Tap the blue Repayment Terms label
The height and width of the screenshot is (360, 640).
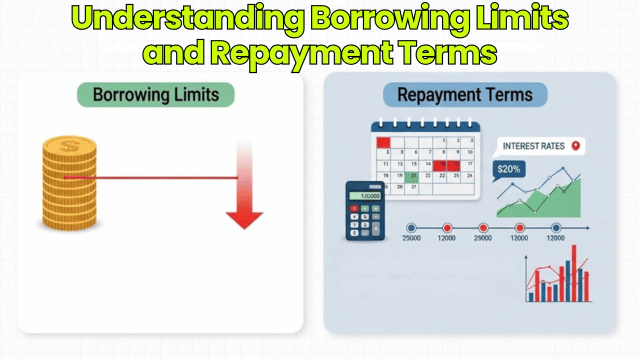pos(465,96)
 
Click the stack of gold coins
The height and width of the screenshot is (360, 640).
pos(70,185)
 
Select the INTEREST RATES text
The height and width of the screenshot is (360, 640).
pos(534,147)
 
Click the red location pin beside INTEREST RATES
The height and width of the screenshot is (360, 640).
pos(576,147)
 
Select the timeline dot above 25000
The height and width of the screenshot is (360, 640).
pos(410,228)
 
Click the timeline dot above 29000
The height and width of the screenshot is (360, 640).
pos(483,228)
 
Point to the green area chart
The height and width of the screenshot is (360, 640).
pos(555,200)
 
